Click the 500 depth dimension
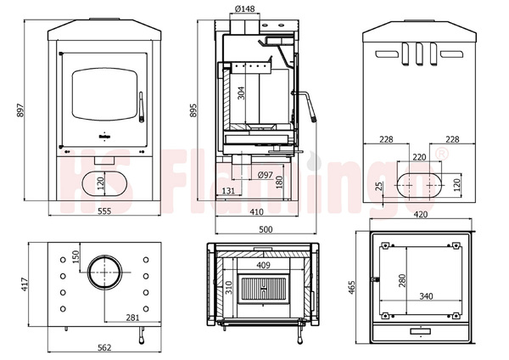click(265, 229)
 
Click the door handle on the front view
click(143, 109)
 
